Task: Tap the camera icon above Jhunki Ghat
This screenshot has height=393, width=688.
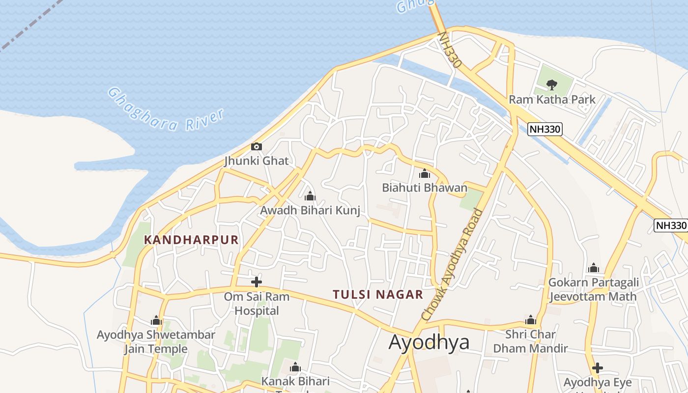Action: pos(257,146)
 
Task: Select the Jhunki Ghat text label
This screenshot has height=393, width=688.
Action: pos(257,161)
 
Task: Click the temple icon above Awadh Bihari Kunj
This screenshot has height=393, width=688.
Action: pos(310,197)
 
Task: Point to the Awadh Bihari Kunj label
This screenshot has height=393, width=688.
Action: pos(310,211)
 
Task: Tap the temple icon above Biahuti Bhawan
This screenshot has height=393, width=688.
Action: pos(425,173)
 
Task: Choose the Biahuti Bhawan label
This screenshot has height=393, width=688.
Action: pos(425,188)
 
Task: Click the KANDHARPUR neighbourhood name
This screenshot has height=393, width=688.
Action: pos(191,240)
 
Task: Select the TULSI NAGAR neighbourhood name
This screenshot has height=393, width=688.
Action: pos(378,295)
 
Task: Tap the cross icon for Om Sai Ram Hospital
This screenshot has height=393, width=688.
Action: pos(256,282)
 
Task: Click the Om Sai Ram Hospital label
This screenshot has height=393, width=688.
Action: pos(257,304)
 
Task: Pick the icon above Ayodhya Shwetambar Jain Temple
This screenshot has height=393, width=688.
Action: pos(156,321)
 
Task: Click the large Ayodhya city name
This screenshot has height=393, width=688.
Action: pos(429,342)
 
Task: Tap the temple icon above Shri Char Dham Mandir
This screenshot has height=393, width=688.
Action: pos(530,320)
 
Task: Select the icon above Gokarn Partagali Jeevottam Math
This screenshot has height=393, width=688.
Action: pos(594,268)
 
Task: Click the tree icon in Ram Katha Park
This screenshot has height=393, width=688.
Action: pos(552,84)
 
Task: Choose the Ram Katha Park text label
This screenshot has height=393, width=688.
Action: pos(552,100)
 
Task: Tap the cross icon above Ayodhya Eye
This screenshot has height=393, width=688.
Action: pos(597,368)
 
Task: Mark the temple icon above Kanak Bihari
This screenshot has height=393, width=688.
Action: pos(295,367)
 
